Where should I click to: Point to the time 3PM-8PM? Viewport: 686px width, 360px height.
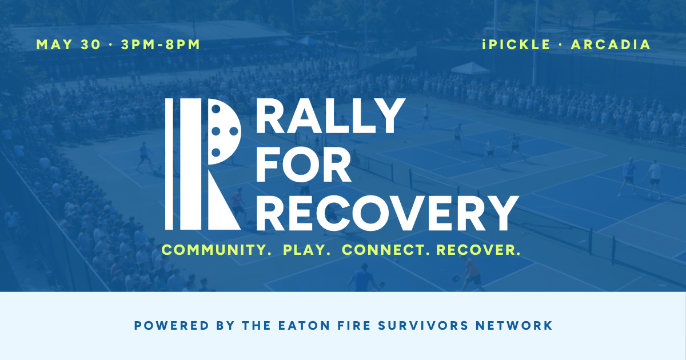(161, 45)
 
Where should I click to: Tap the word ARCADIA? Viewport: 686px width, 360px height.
(611, 45)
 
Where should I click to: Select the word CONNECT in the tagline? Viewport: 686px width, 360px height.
(386, 250)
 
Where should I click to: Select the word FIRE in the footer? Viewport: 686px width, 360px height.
(369, 326)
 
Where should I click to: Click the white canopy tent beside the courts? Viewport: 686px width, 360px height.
(470, 69)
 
